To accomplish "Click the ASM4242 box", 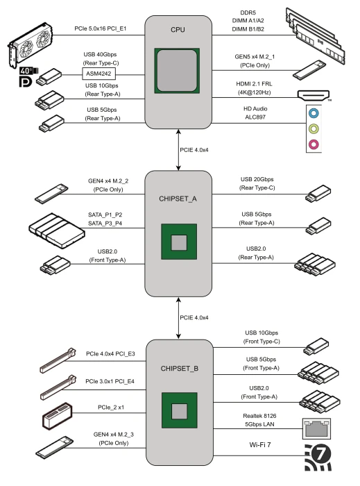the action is [x=98, y=74].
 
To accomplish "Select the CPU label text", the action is [x=178, y=30].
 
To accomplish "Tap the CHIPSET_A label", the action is [x=178, y=199].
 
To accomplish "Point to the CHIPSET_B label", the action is [x=179, y=369].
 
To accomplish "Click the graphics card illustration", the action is [x=30, y=45].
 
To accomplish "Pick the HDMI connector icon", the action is [x=314, y=95].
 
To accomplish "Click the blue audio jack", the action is [x=314, y=113].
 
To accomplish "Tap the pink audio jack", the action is [x=314, y=144].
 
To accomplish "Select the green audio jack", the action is [x=314, y=128].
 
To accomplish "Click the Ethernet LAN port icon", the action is [x=316, y=428].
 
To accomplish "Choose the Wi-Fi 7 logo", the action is [x=318, y=458].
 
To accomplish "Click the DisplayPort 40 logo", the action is [x=28, y=76].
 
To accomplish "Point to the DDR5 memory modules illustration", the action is [x=315, y=36].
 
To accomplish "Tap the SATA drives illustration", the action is [x=57, y=231].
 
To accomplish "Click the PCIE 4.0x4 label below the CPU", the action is [x=194, y=150].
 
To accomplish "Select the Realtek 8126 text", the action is [x=259, y=416].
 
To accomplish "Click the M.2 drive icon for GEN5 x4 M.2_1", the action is [x=309, y=69].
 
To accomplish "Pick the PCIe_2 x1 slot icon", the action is [x=58, y=416].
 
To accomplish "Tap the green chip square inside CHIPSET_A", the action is [x=179, y=242].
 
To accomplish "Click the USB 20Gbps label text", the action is [x=257, y=179].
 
